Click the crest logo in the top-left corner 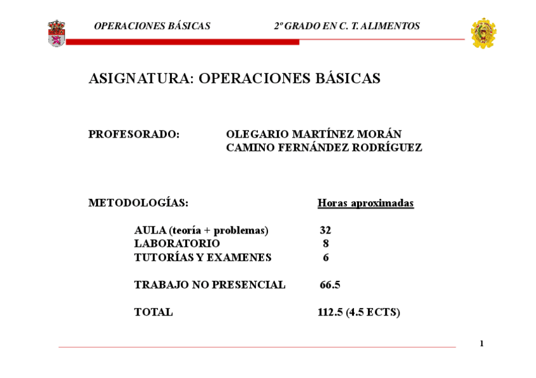pos(56,33)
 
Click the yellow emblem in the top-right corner pos(484,33)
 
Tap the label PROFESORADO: pos(134,134)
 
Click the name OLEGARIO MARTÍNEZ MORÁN pos(314,134)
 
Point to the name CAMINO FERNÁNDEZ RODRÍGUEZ pos(324,148)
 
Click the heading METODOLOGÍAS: pos(138,203)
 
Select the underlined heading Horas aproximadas pos(365,203)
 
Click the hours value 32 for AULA pos(326,231)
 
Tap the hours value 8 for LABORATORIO pos(326,244)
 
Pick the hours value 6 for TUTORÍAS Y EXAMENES pos(326,258)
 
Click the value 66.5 pos(330,285)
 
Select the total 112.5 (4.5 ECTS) pos(358,312)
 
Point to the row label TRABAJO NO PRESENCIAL pos(210,285)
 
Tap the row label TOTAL pos(154,312)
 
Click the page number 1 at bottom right pos(482,344)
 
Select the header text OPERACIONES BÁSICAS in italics pos(152,27)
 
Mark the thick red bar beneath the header pos(183,42)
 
